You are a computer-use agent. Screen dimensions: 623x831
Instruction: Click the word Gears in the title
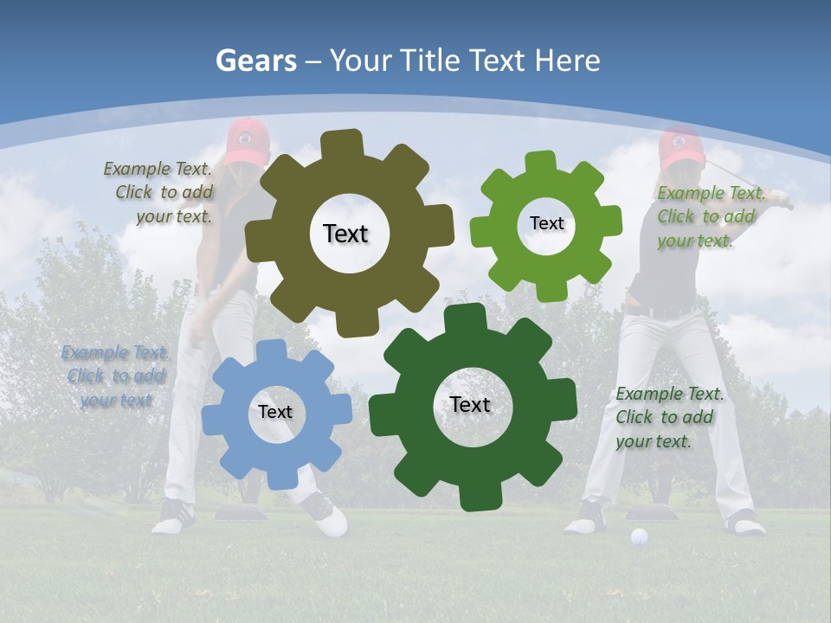tap(255, 61)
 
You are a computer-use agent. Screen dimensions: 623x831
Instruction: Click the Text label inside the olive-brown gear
tap(345, 234)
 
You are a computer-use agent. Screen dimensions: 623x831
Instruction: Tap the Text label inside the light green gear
tap(546, 223)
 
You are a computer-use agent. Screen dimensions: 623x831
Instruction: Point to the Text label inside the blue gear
tap(275, 413)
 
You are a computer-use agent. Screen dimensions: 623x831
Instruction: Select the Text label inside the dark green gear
tap(470, 404)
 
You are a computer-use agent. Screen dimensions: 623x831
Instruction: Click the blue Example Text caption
tap(114, 376)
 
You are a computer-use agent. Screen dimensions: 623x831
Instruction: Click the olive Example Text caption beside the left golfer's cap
tap(159, 192)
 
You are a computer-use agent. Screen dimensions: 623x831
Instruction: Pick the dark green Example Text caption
tap(669, 417)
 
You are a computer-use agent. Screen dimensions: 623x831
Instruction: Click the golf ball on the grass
tap(639, 536)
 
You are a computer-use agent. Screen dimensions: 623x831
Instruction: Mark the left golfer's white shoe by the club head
tap(332, 521)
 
